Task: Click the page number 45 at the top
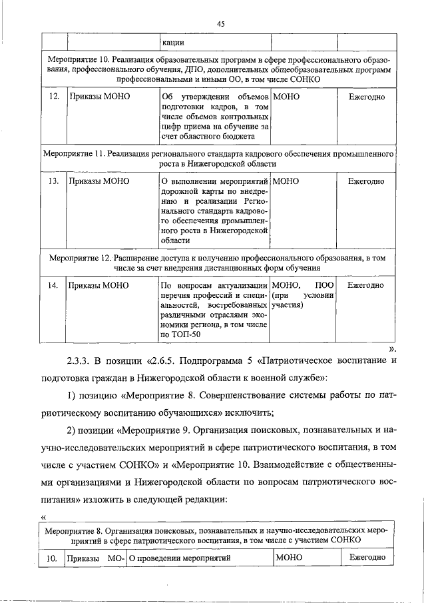(x=221, y=23)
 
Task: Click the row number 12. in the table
(x=55, y=97)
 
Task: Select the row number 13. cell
(x=55, y=181)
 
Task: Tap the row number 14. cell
(x=55, y=285)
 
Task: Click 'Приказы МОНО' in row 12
(x=99, y=97)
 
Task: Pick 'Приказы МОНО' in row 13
(x=99, y=181)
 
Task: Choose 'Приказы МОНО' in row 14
(x=99, y=285)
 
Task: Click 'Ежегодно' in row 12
(x=366, y=97)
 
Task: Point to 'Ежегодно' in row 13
(x=366, y=181)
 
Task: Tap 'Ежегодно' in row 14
(x=366, y=285)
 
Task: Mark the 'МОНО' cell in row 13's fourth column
(x=287, y=181)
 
